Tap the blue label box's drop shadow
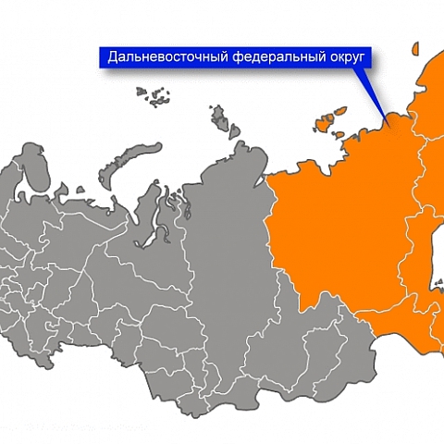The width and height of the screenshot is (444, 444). coord(231,73)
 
